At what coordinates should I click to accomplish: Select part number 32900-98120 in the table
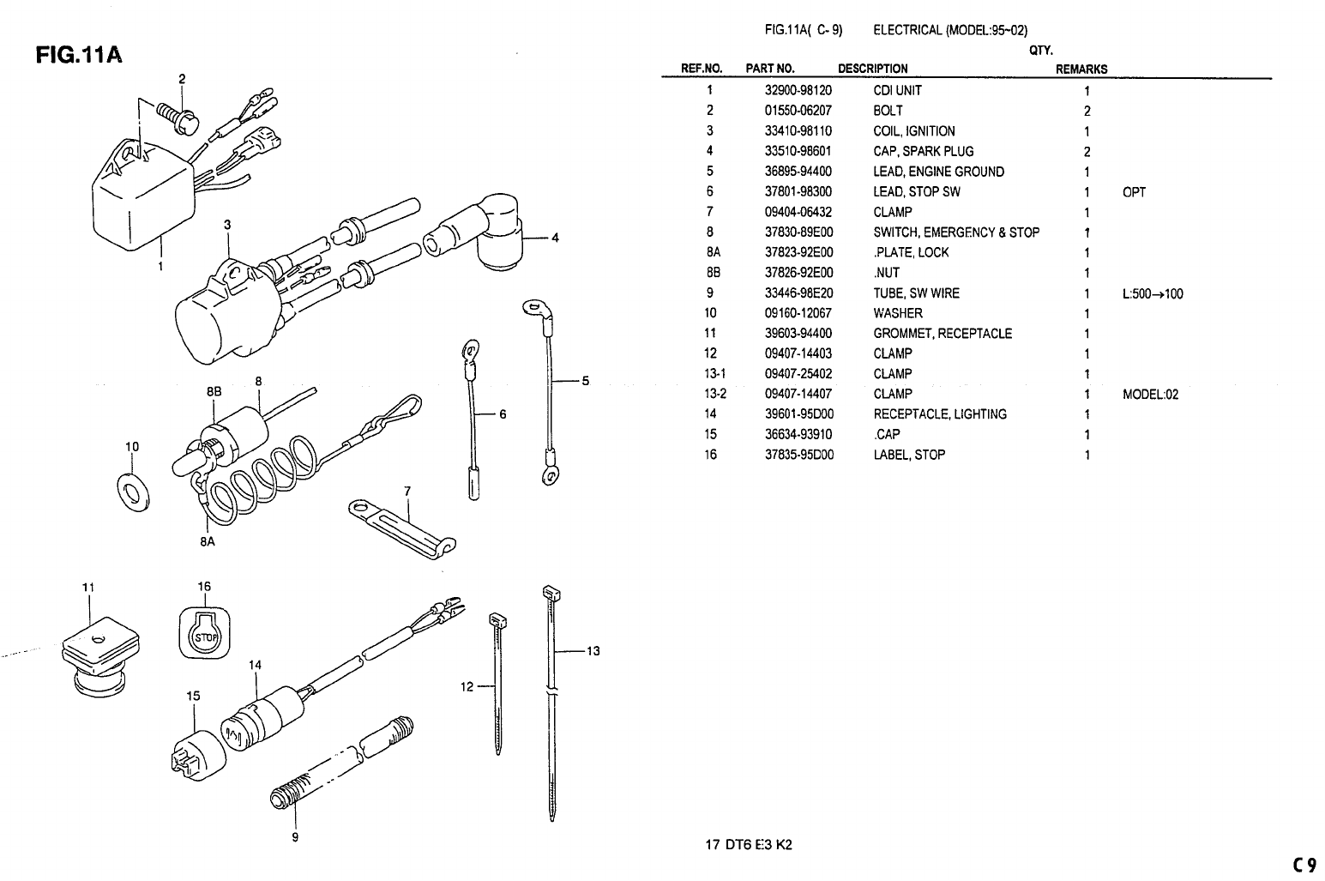click(798, 90)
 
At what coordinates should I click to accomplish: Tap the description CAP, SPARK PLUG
click(923, 151)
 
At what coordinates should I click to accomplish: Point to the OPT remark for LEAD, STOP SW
click(1133, 192)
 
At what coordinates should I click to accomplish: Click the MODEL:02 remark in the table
click(1150, 395)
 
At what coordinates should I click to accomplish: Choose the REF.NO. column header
click(702, 69)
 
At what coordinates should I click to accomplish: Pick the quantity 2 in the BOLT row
click(1087, 111)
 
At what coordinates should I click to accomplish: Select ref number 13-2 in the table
click(710, 395)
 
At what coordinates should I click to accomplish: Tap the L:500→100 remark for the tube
click(1152, 293)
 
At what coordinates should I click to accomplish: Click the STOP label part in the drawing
click(205, 635)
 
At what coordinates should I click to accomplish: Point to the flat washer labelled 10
click(130, 491)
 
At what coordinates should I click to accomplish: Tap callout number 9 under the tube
click(295, 836)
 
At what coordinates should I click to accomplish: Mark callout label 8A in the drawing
click(207, 541)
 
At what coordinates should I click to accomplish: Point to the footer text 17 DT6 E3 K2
click(748, 844)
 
